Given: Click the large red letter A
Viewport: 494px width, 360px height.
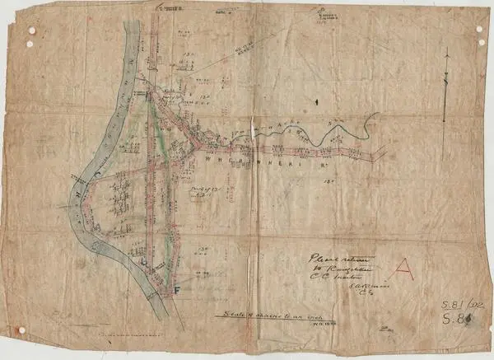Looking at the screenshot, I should point(404,267).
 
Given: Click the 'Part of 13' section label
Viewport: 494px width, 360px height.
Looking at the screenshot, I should point(201,193).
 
